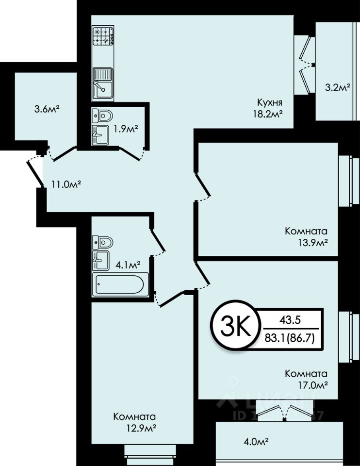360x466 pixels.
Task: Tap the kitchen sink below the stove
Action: coord(103,83)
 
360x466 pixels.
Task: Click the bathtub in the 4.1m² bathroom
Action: coord(120,284)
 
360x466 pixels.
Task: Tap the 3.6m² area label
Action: coord(47,109)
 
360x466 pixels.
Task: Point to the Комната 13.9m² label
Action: coord(306,236)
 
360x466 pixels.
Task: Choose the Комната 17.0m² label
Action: coord(306,379)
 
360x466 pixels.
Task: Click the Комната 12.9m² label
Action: coord(134,422)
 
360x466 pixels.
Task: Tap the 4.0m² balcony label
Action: coord(256,442)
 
